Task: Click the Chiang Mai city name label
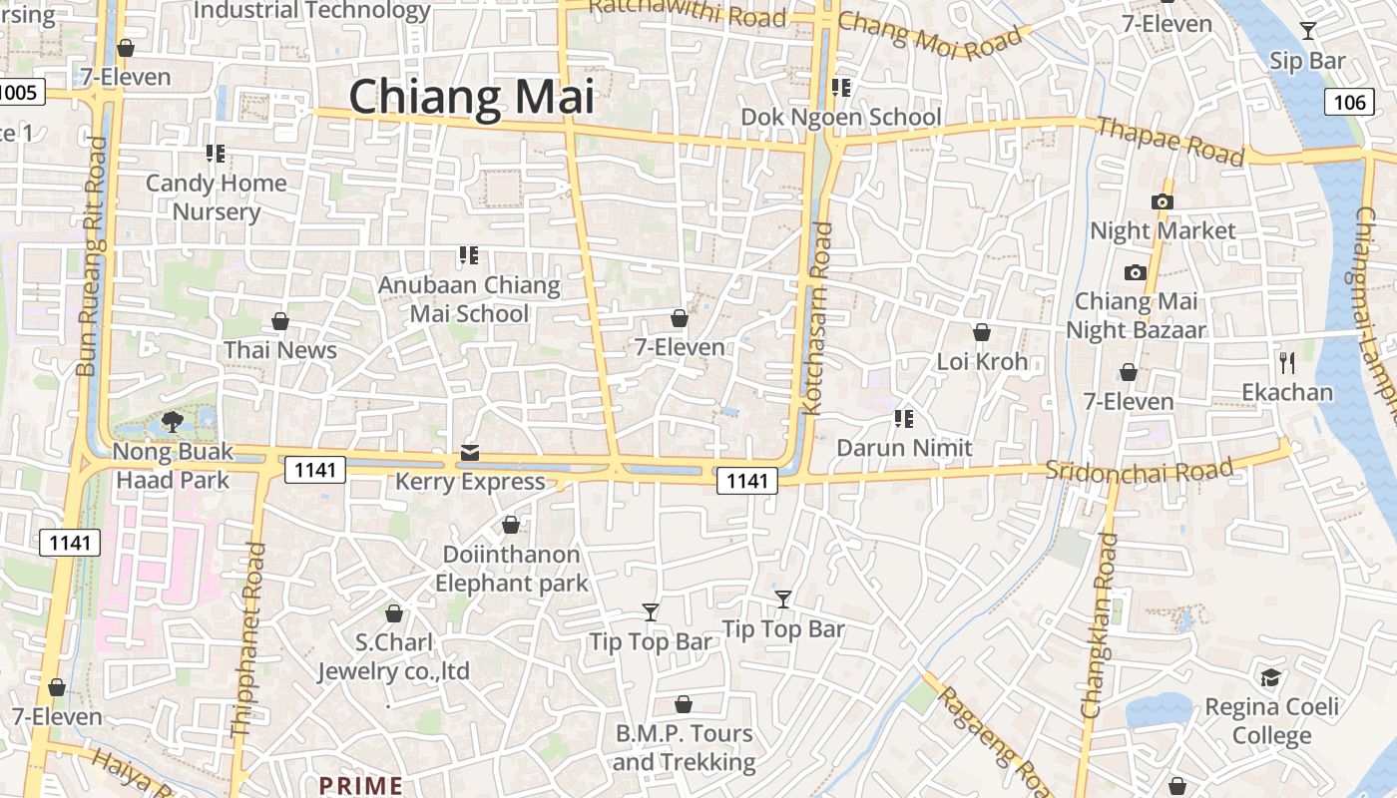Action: [471, 97]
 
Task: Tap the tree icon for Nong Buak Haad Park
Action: [172, 421]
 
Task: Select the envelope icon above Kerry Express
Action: [470, 453]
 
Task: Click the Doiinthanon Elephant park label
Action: [511, 569]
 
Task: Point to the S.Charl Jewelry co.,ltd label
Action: [393, 656]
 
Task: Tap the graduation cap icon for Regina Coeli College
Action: [1270, 678]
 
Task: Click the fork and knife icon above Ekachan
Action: [1287, 362]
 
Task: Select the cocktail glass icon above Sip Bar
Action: [1308, 31]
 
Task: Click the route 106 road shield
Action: [1348, 102]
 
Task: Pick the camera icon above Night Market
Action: [1162, 201]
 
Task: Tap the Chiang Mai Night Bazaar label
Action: [1137, 315]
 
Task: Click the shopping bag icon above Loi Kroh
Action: [982, 332]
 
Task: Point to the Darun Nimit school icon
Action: [904, 418]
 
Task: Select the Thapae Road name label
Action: [1171, 141]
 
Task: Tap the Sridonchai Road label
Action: [1140, 469]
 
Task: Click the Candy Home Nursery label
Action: [217, 197]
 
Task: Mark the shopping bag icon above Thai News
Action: [280, 321]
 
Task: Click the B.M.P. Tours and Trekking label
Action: [684, 747]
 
